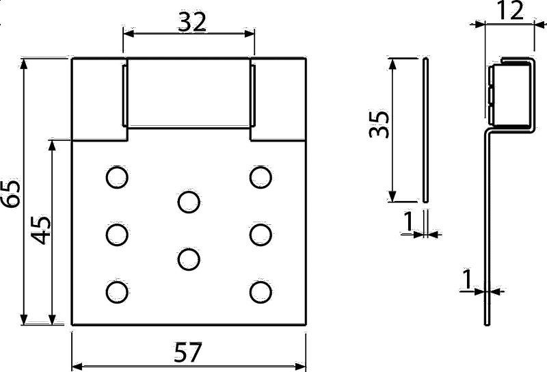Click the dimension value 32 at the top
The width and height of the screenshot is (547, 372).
pyautogui.click(x=192, y=22)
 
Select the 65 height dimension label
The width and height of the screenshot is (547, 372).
pyautogui.click(x=11, y=194)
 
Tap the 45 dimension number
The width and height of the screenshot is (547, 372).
pyautogui.click(x=40, y=230)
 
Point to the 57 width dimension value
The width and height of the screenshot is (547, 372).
pyautogui.click(x=187, y=352)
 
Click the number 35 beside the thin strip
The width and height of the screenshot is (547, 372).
pyautogui.click(x=379, y=124)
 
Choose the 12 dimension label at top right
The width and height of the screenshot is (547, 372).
pyautogui.click(x=509, y=10)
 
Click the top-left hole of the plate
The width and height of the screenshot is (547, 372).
pyautogui.click(x=117, y=177)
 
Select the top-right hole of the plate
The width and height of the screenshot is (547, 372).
pyautogui.click(x=261, y=177)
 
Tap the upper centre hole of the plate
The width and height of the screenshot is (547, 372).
pyautogui.click(x=189, y=202)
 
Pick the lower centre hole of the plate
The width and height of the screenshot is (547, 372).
pyautogui.click(x=189, y=260)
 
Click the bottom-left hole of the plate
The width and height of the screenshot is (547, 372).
pyautogui.click(x=117, y=292)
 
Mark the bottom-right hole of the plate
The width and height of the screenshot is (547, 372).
pyautogui.click(x=261, y=292)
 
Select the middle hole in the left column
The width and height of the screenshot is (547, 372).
pyautogui.click(x=117, y=235)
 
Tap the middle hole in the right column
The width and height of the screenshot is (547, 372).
pyautogui.click(x=261, y=235)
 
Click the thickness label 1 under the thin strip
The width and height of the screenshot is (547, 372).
pyautogui.click(x=408, y=222)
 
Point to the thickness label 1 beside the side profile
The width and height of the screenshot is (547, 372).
pyautogui.click(x=466, y=279)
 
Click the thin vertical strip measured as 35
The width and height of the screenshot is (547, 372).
pyautogui.click(x=425, y=130)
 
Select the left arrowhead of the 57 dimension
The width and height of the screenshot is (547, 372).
pyautogui.click(x=77, y=367)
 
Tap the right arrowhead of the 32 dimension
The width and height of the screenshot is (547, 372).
pyautogui.click(x=249, y=34)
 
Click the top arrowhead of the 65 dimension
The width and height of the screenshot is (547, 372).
pyautogui.click(x=23, y=64)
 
